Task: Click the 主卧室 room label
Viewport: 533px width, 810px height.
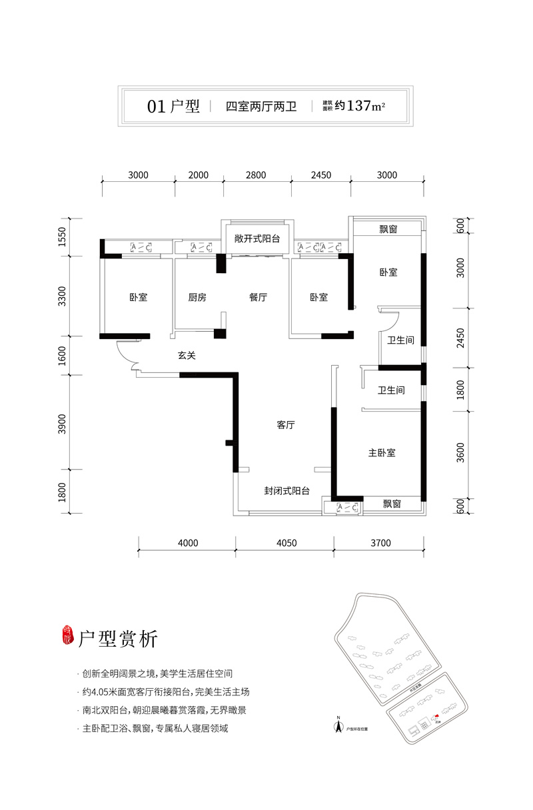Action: (382, 453)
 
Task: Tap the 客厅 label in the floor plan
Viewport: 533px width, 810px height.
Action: (286, 425)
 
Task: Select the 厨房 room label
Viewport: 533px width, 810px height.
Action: (197, 298)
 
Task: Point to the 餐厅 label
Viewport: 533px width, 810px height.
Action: (258, 298)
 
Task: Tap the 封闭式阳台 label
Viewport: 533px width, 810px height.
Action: (286, 491)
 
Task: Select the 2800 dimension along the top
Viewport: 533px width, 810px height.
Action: (256, 176)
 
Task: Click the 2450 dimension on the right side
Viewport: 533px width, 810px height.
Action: (460, 337)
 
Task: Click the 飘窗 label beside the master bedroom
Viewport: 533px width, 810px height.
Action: (392, 505)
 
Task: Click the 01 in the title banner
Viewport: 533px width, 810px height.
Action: (155, 106)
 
